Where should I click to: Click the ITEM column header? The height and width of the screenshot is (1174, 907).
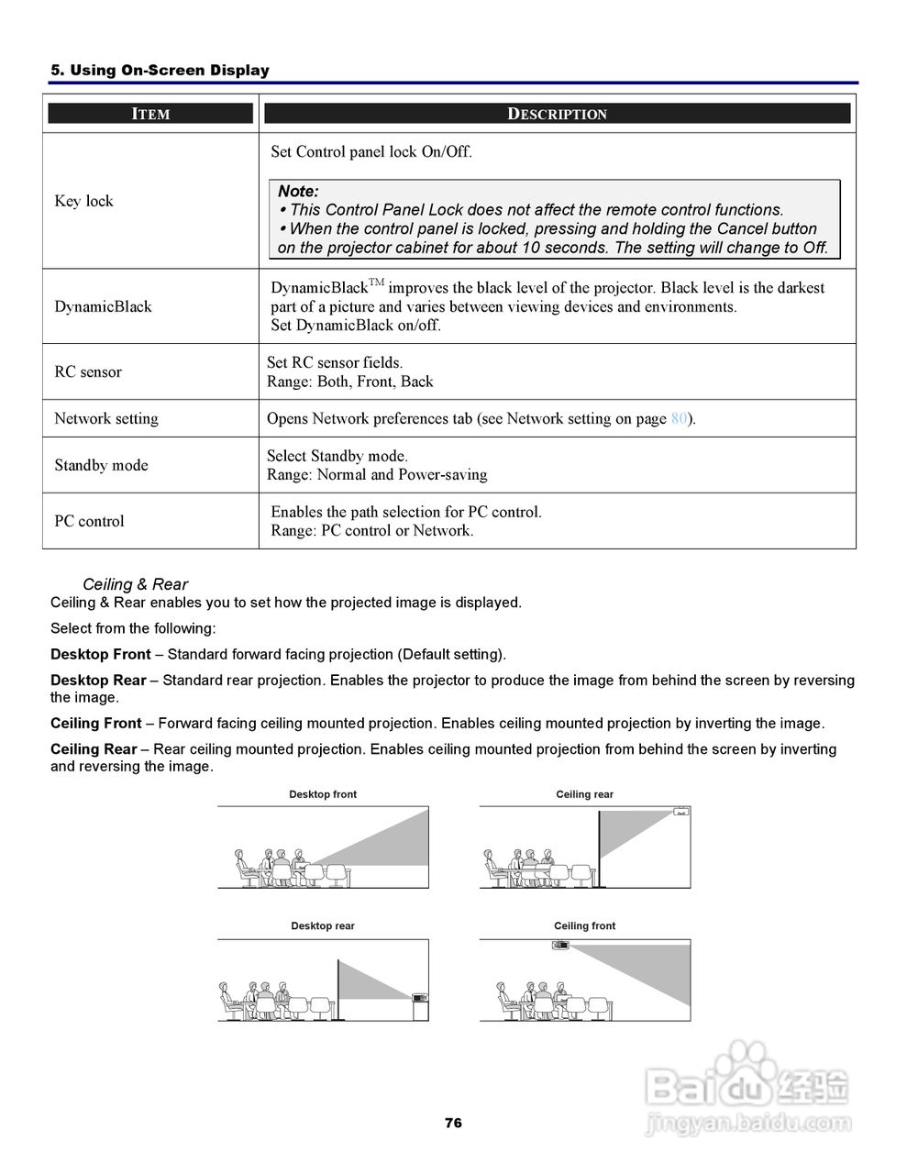click(150, 114)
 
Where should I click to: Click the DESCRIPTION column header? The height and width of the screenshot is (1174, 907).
click(557, 114)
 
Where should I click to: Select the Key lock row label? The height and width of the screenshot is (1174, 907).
click(83, 201)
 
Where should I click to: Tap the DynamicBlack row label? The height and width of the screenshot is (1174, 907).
click(103, 306)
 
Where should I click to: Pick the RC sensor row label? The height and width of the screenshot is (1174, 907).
click(87, 371)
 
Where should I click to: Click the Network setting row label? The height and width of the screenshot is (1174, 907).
click(105, 418)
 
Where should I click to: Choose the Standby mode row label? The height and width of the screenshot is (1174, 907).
click(101, 465)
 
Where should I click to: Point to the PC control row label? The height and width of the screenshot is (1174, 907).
click(89, 521)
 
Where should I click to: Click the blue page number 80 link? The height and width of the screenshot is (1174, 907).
click(679, 419)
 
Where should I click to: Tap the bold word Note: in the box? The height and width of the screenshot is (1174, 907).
click(298, 192)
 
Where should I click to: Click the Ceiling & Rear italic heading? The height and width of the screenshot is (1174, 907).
click(135, 584)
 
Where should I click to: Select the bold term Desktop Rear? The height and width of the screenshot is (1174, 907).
click(98, 681)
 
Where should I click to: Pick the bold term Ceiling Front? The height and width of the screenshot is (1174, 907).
click(95, 724)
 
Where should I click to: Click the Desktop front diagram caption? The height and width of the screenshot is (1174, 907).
click(323, 794)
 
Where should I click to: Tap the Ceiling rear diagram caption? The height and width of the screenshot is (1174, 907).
click(584, 794)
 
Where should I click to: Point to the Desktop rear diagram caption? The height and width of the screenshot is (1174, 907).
click(323, 926)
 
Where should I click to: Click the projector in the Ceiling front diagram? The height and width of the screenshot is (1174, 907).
click(560, 945)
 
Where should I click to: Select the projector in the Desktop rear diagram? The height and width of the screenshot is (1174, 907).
click(420, 998)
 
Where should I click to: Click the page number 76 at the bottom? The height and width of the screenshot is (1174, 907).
click(453, 1123)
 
